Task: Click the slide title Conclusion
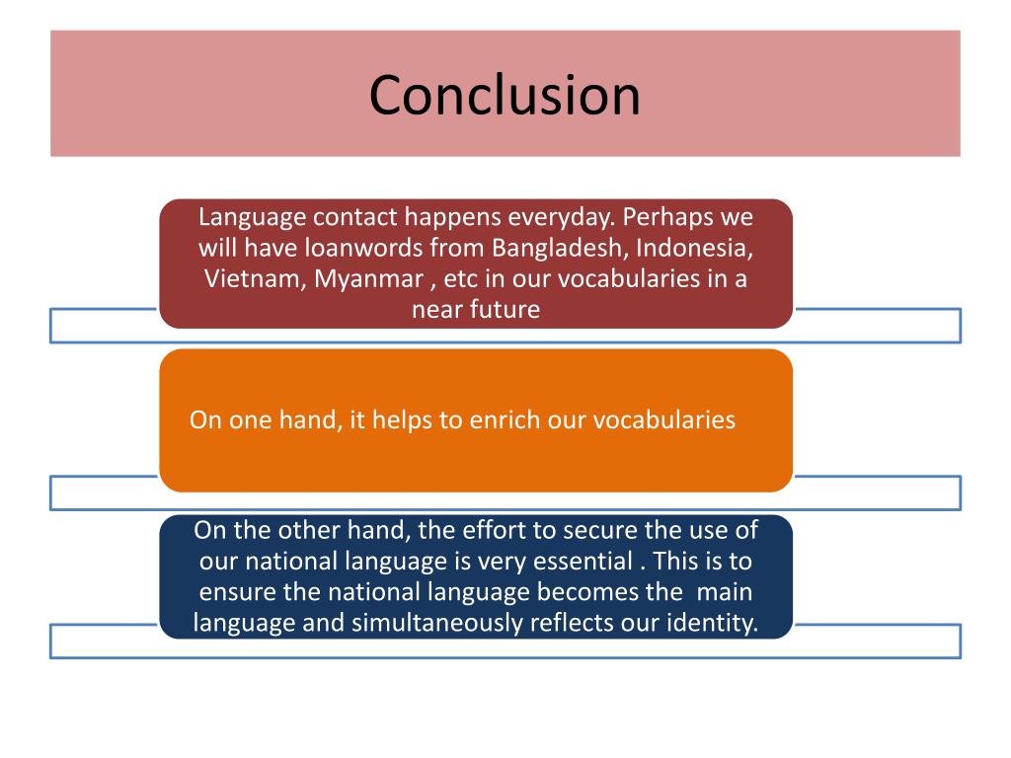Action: coord(505,95)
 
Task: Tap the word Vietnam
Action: coord(255,277)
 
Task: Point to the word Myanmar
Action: coord(369,278)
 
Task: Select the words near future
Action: coord(476,309)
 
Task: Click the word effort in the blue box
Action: coord(492,530)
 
